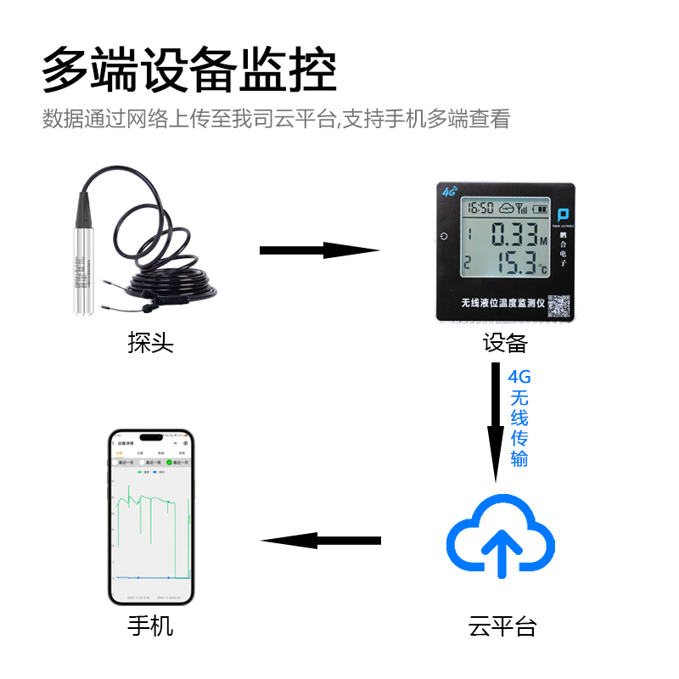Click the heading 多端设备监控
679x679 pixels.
coord(189,70)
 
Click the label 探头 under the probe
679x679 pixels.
coord(150,343)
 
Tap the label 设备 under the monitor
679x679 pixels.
coord(505,343)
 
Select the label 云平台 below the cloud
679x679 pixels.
coord(502,627)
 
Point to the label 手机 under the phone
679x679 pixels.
coord(150,627)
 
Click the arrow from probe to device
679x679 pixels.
coord(318,250)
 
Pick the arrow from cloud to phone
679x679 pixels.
coord(320,541)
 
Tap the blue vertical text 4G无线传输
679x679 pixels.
coord(519,418)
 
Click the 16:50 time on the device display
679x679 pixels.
coord(480,208)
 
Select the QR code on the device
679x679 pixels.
coord(557,306)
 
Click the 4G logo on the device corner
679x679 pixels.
coord(447,191)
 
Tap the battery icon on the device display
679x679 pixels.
coord(540,208)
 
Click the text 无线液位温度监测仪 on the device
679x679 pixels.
coord(501,303)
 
